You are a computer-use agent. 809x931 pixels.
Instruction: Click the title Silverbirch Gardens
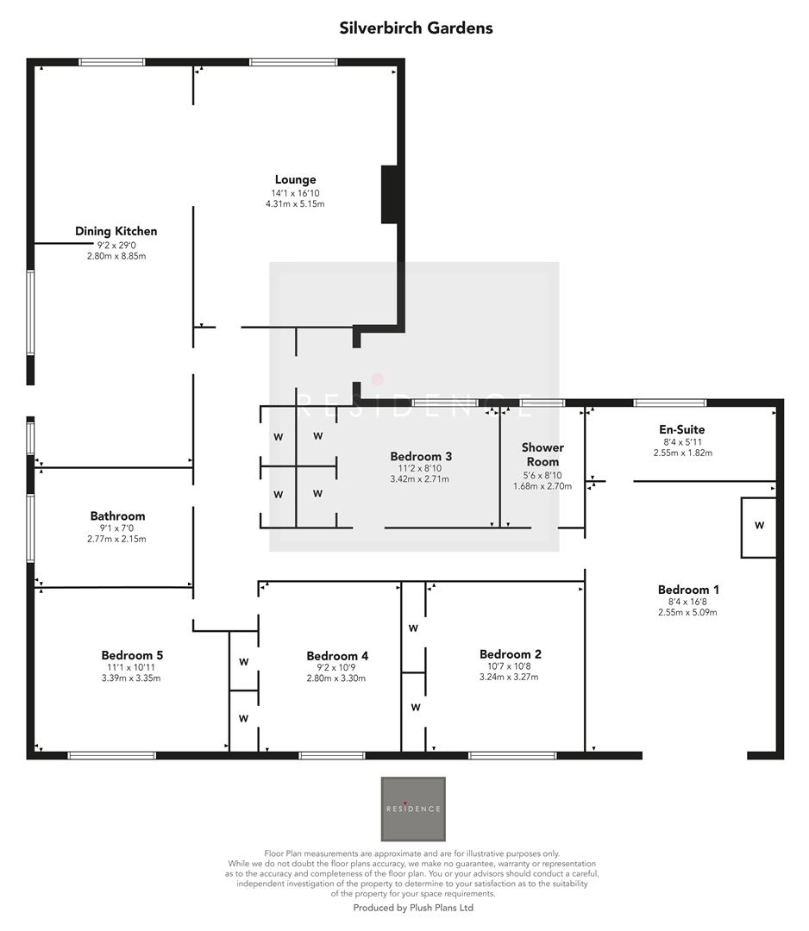click(x=417, y=28)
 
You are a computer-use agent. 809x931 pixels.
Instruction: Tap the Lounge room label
click(x=295, y=180)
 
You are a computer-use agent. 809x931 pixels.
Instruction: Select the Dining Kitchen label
click(x=116, y=231)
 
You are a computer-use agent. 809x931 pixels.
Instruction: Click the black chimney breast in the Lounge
click(x=389, y=195)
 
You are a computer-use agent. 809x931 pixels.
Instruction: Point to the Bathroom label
click(x=117, y=516)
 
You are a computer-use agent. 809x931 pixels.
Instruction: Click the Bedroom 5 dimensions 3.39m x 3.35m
click(x=131, y=678)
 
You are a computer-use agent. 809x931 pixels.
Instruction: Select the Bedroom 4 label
click(x=337, y=656)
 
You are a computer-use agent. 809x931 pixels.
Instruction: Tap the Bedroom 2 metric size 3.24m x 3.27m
click(x=510, y=677)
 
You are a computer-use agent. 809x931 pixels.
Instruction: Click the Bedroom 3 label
click(x=421, y=456)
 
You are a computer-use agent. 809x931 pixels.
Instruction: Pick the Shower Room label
click(x=542, y=454)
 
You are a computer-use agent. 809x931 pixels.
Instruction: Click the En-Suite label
click(x=682, y=429)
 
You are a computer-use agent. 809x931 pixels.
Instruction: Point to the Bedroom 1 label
click(x=687, y=590)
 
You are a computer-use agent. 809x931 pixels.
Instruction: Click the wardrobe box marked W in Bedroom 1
click(x=758, y=526)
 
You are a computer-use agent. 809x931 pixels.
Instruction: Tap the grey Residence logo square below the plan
click(x=413, y=809)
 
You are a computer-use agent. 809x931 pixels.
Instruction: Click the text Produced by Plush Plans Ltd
click(x=413, y=908)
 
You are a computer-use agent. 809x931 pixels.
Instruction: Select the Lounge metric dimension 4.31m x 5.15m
click(x=295, y=204)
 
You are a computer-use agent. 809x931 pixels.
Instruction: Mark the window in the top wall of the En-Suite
click(x=669, y=403)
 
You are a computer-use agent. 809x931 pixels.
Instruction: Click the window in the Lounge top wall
click(x=293, y=62)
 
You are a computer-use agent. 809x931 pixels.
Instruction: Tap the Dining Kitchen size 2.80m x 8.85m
click(x=116, y=256)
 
